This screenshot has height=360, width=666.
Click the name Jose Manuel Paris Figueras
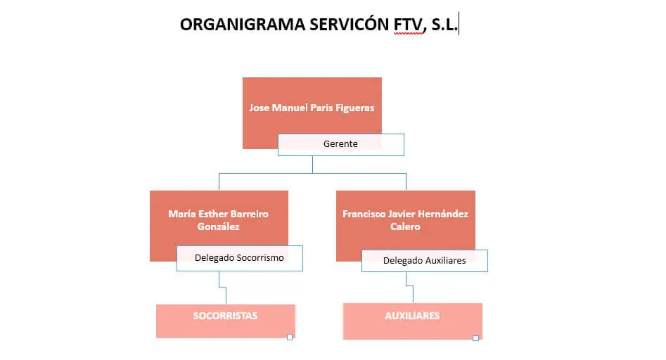pyautogui.click(x=312, y=108)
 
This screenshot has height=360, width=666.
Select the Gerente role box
pyautogui.click(x=340, y=144)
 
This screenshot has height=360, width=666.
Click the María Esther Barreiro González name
pyautogui.click(x=218, y=220)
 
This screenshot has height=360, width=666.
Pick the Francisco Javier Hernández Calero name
pyautogui.click(x=405, y=220)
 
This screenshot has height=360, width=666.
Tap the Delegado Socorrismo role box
pyautogui.click(x=239, y=258)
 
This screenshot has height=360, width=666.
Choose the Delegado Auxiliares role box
pyautogui.click(x=424, y=261)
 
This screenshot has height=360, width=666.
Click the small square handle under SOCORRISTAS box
pyautogui.click(x=290, y=337)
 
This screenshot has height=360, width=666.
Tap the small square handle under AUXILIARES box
pyautogui.click(x=475, y=338)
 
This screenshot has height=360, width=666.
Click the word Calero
pyautogui.click(x=405, y=226)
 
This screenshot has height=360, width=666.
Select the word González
pyautogui.click(x=218, y=226)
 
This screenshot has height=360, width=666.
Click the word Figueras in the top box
pyautogui.click(x=354, y=108)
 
